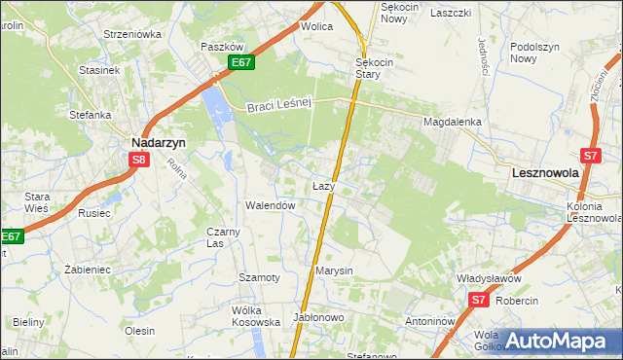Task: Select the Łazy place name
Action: [x=324, y=185]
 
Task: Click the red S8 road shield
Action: [x=139, y=161]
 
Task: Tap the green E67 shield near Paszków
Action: [x=243, y=63]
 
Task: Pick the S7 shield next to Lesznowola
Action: [x=590, y=155]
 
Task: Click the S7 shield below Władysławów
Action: [x=478, y=300]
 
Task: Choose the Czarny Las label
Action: [x=223, y=237]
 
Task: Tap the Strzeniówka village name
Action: [x=131, y=33]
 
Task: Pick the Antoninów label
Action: [x=431, y=320]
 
